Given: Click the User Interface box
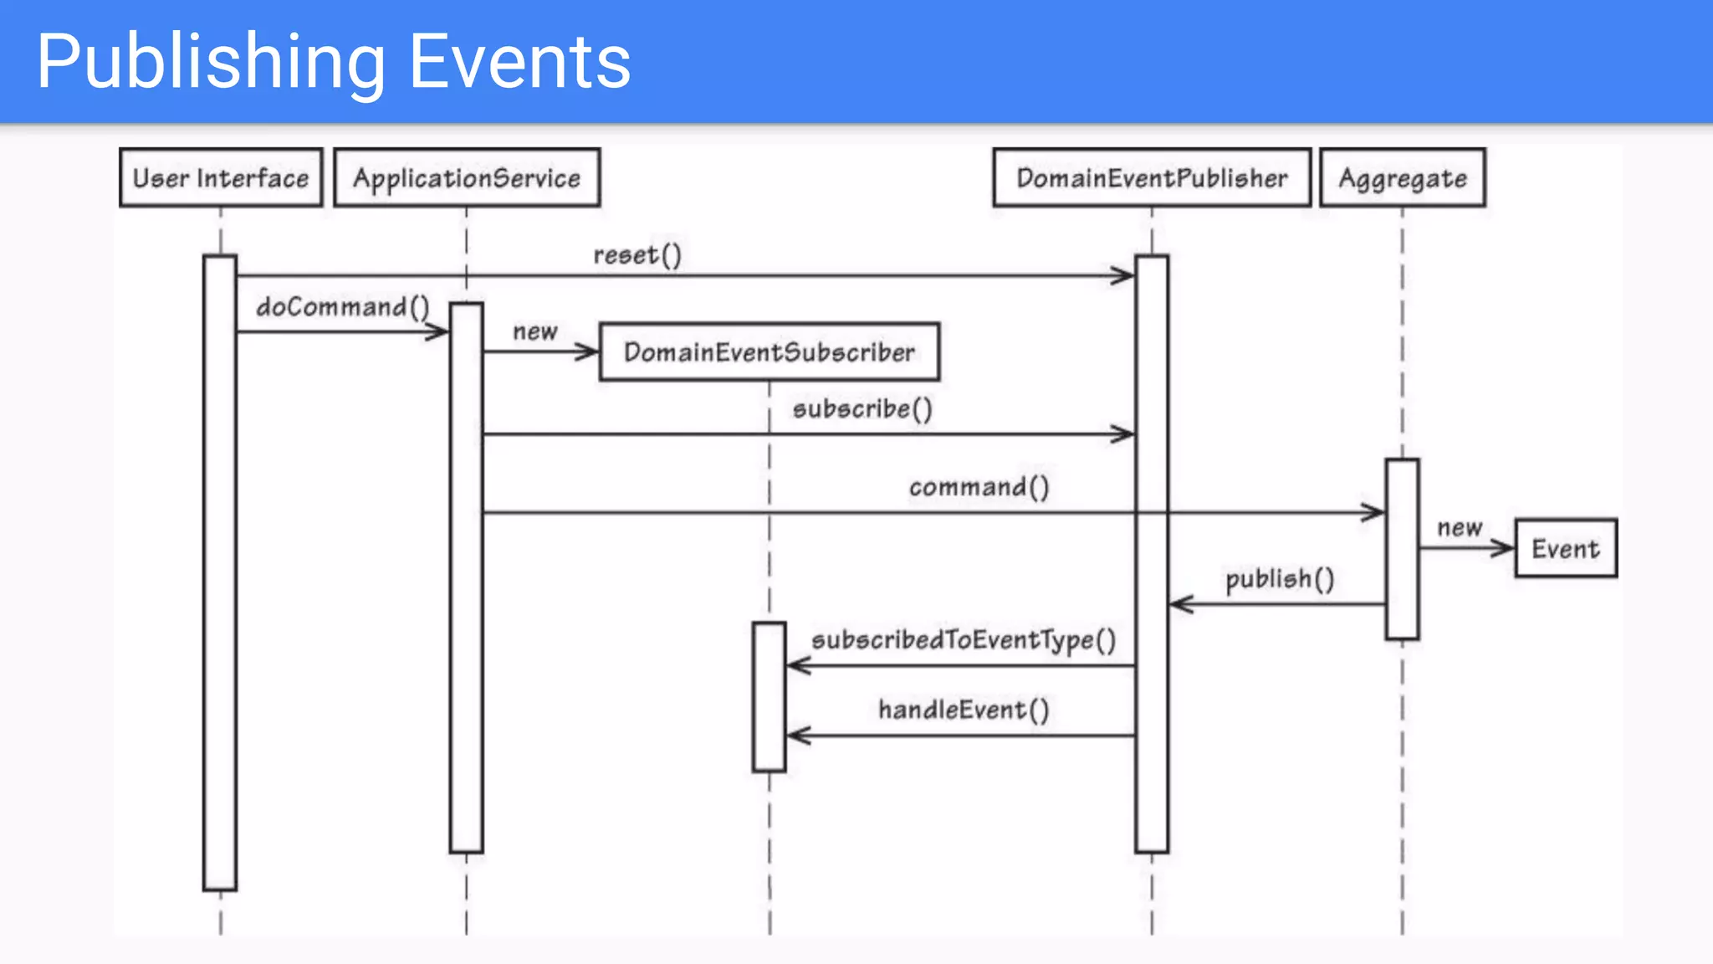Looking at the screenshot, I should pyautogui.click(x=221, y=177).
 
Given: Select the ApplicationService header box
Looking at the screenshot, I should pyautogui.click(x=467, y=177).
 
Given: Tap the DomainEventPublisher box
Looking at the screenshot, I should pyautogui.click(x=1152, y=177).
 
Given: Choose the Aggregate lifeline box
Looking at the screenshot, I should pyautogui.click(x=1403, y=177).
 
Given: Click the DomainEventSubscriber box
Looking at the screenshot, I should pyautogui.click(x=770, y=352).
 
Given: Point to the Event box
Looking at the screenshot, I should pyautogui.click(x=1566, y=549).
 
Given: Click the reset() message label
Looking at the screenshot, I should pyautogui.click(x=637, y=255).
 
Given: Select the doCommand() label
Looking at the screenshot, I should pyautogui.click(x=343, y=307).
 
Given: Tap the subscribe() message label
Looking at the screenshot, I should pyautogui.click(x=862, y=409).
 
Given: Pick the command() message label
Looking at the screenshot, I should pyautogui.click(x=979, y=487).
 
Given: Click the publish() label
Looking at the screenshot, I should pyautogui.click(x=1280, y=579).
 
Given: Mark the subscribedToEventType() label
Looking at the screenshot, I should pyautogui.click(x=964, y=640).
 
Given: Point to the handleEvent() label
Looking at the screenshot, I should pyautogui.click(x=964, y=710).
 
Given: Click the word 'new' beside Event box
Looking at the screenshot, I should pyautogui.click(x=1460, y=528).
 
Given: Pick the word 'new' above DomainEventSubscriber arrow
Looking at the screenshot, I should pyautogui.click(x=535, y=332).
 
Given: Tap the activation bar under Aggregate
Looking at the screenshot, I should pyautogui.click(x=1402, y=549).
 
